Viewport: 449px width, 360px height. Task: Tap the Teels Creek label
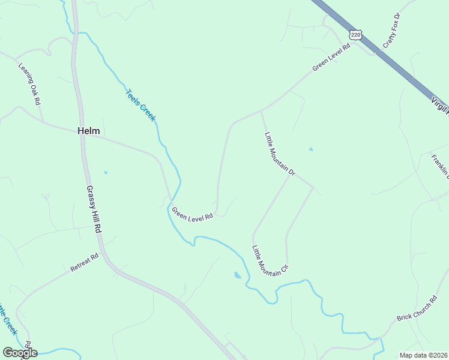(x=140, y=105)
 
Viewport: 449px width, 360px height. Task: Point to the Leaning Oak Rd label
(x=29, y=84)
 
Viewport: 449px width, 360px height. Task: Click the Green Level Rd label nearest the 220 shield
(x=331, y=58)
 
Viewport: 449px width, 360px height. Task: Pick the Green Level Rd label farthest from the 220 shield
(x=193, y=214)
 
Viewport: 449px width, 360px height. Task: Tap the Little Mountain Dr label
(x=280, y=154)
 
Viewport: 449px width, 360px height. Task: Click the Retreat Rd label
(x=84, y=263)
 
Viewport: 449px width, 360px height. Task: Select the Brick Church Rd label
(x=417, y=308)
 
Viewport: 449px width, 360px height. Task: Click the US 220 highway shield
(x=357, y=35)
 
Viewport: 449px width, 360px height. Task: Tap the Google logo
(x=20, y=353)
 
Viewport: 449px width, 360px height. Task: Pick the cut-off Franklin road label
(x=441, y=166)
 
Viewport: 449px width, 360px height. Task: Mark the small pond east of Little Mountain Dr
(x=310, y=149)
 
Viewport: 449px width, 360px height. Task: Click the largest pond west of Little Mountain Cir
(x=238, y=275)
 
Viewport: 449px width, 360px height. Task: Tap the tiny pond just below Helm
(x=106, y=173)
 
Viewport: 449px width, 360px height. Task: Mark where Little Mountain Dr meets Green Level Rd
(x=261, y=110)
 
